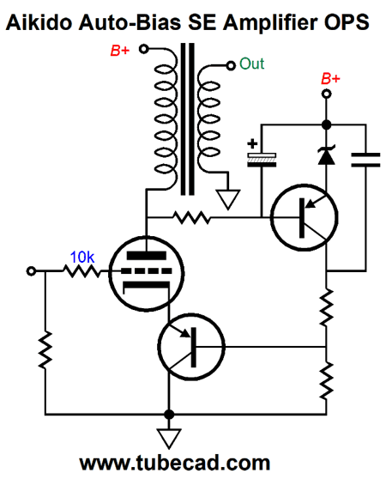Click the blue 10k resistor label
point(82,258)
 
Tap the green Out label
point(251,64)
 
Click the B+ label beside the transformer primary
point(120,51)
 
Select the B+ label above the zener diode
point(330,78)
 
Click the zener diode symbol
point(327,155)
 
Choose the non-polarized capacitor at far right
point(365,160)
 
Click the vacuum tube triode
point(147,274)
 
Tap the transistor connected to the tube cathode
point(191,347)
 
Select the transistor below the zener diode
point(305,217)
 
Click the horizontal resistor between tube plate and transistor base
point(191,217)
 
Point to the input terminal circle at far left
point(31,271)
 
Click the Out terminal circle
point(231,65)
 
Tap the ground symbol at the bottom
point(169,439)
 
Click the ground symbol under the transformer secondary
point(228,199)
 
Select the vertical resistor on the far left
point(45,350)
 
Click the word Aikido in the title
point(39,22)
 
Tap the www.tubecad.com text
point(175,464)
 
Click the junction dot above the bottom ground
point(169,415)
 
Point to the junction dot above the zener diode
point(327,124)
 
